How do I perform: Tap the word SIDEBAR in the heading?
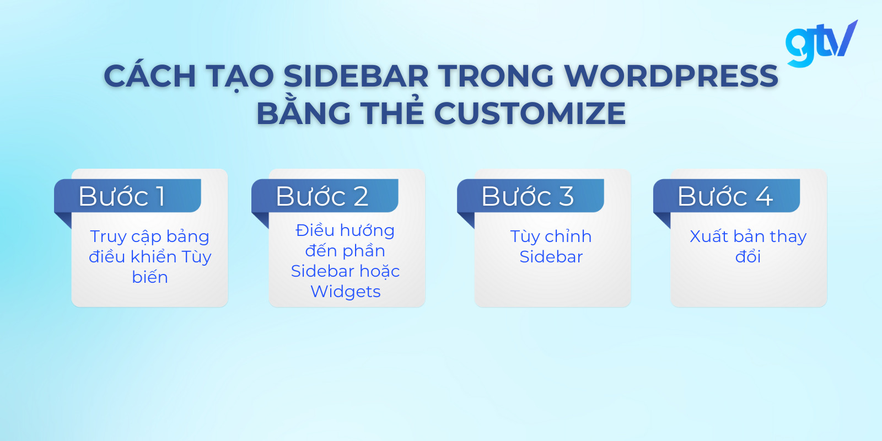point(356,76)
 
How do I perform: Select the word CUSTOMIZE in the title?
point(530,114)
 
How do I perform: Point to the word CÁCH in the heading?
point(150,76)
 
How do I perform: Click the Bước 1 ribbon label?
point(127,196)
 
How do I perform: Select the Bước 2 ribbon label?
point(324,196)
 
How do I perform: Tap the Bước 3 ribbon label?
point(530,196)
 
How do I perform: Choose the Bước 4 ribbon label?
point(726,196)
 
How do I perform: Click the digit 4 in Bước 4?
point(764,196)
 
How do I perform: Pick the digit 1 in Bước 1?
point(160,196)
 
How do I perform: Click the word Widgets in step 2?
point(346,291)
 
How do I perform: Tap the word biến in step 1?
point(150,277)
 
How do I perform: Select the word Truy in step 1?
point(109,236)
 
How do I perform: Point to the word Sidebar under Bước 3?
point(551,257)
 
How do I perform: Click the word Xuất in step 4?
point(709,236)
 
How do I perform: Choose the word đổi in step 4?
point(748,257)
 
